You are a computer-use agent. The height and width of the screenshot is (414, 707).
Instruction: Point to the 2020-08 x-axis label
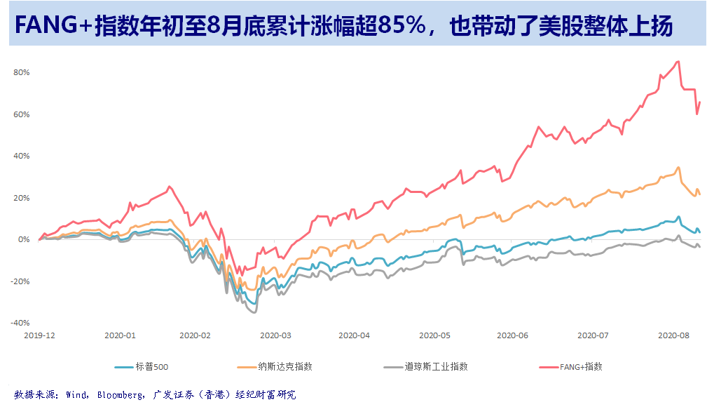pyautogui.click(x=674, y=335)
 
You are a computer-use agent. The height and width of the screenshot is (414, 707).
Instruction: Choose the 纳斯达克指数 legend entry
pyautogui.click(x=285, y=366)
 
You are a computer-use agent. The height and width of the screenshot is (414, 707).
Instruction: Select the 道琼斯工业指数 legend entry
pyautogui.click(x=436, y=366)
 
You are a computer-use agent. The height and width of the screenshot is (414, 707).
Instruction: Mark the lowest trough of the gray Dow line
pyautogui.click(x=254, y=312)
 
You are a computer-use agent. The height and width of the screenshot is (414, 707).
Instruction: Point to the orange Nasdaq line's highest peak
pyautogui.click(x=678, y=167)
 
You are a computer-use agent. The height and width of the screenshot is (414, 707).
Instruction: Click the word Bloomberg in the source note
pyautogui.click(x=116, y=395)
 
